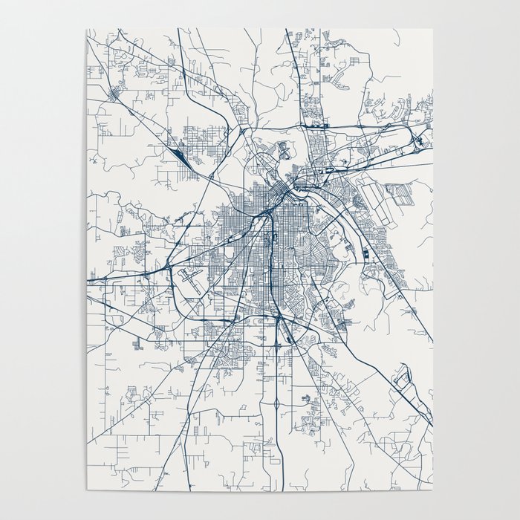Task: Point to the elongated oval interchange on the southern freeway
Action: tap(276, 406)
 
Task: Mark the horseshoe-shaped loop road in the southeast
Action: tap(402, 380)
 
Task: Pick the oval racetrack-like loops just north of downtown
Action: tap(283, 150)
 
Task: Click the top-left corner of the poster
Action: tap(87, 30)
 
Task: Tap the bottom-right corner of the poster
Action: tap(432, 490)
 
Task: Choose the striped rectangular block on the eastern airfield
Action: tap(403, 195)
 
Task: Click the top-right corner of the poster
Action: tap(432, 30)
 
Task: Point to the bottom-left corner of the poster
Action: tap(87, 490)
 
